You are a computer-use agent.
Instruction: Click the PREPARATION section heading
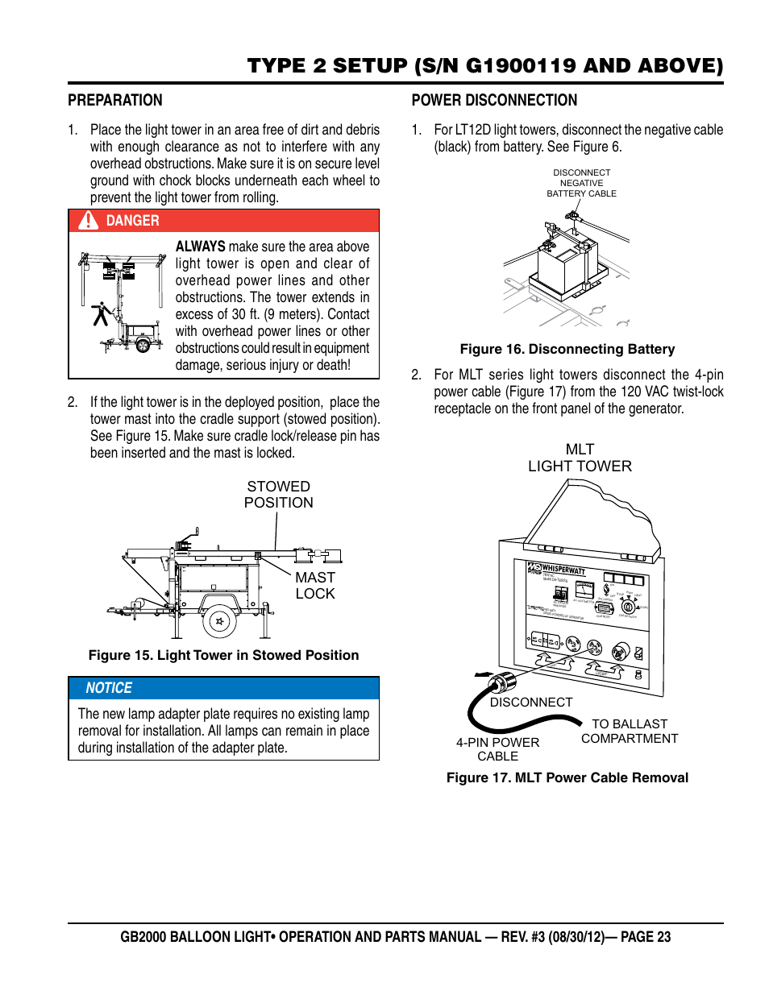[x=115, y=101]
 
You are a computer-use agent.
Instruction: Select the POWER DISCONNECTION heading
[x=494, y=101]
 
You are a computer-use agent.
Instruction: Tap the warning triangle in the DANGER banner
[x=88, y=221]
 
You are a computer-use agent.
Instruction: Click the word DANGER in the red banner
[x=133, y=221]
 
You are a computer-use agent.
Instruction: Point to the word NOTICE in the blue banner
[x=109, y=688]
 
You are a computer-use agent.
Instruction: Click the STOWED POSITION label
[x=278, y=495]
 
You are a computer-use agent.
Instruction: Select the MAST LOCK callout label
[x=314, y=586]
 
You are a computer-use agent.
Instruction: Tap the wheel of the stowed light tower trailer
[x=218, y=620]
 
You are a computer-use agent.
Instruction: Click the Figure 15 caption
[x=223, y=656]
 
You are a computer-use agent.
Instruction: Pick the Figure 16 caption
[x=567, y=350]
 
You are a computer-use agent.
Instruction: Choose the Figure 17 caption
[x=567, y=778]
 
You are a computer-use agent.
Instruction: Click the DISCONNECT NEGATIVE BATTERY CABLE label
[x=581, y=183]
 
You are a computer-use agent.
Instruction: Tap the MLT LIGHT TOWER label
[x=580, y=458]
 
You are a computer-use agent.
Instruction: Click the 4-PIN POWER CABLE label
[x=497, y=749]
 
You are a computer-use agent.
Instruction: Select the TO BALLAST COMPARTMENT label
[x=630, y=732]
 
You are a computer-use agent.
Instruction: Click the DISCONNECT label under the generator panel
[x=531, y=703]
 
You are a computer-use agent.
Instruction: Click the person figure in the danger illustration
[x=101, y=313]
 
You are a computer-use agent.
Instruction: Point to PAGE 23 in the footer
[x=646, y=937]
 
